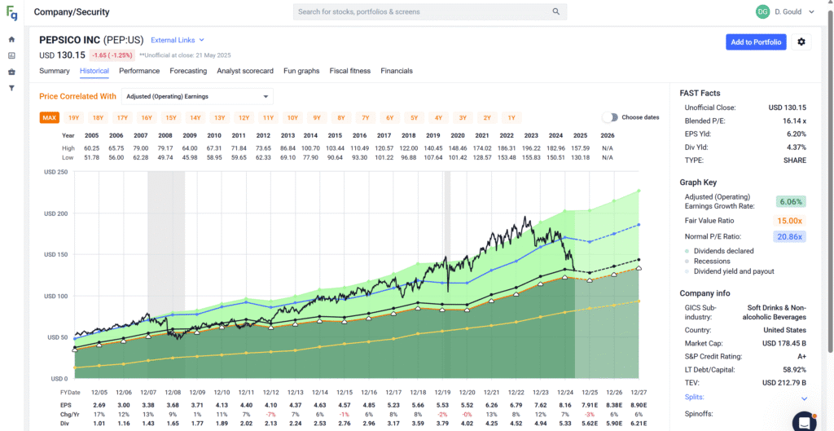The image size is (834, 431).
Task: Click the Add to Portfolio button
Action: (x=756, y=42)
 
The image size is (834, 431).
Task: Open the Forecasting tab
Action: (x=188, y=71)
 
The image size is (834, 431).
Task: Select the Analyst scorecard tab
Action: (x=245, y=71)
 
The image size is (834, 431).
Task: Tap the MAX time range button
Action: (x=50, y=117)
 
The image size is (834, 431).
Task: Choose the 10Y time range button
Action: (x=292, y=117)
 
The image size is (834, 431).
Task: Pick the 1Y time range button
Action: (x=511, y=117)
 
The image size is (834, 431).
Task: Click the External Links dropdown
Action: (x=178, y=40)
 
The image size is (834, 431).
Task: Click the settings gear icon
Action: (x=801, y=42)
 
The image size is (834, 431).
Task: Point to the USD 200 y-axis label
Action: (x=56, y=213)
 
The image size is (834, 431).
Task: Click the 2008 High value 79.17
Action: (x=165, y=148)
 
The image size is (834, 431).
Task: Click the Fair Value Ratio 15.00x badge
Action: (x=789, y=220)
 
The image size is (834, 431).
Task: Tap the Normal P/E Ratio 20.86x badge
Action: (x=789, y=236)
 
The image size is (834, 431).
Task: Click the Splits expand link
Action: (x=804, y=398)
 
